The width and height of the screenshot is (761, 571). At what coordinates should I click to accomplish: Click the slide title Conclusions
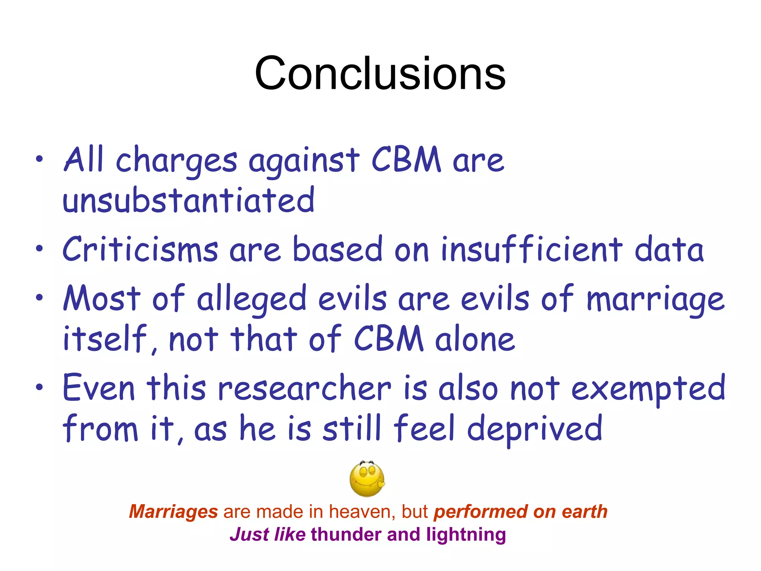pyautogui.click(x=380, y=73)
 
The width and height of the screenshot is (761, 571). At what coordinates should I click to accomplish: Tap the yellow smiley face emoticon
pyautogui.click(x=367, y=479)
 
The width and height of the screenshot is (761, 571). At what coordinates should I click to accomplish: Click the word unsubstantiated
pyautogui.click(x=189, y=201)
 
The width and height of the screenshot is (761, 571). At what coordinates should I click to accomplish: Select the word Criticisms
pyautogui.click(x=140, y=249)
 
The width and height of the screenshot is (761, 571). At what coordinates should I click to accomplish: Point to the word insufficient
pyautogui.click(x=532, y=249)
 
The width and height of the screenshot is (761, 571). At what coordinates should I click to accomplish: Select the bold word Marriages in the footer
pyautogui.click(x=173, y=512)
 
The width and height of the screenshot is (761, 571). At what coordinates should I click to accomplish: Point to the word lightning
pyautogui.click(x=466, y=535)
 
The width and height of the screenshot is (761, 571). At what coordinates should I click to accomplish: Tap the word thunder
pyautogui.click(x=346, y=534)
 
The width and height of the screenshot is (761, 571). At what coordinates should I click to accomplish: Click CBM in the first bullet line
pyautogui.click(x=406, y=160)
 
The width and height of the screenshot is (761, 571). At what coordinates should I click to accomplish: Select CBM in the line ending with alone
pyautogui.click(x=389, y=339)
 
